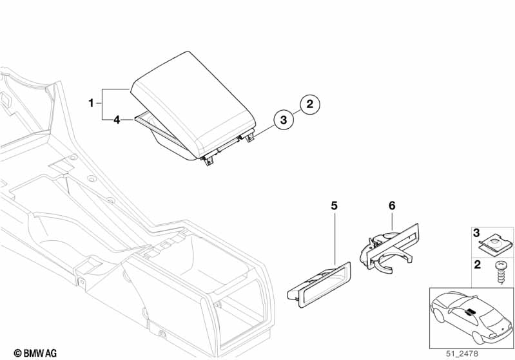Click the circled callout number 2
coord(309,103)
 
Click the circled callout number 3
coord(282,120)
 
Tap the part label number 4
coord(117,119)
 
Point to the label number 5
coord(334,205)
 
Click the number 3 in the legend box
coord(477,232)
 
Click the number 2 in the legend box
coord(477,265)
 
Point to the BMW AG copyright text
coord(31,352)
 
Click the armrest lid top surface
coord(193,90)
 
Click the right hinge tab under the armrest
coord(249,137)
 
